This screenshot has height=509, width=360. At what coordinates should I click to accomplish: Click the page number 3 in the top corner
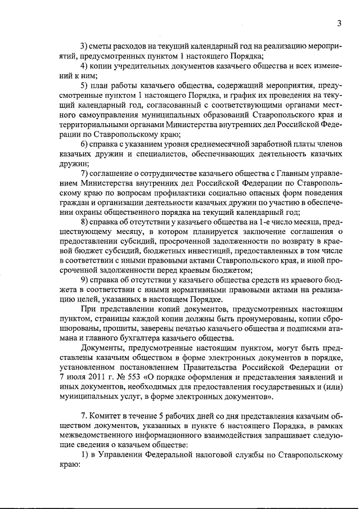[339, 23]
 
